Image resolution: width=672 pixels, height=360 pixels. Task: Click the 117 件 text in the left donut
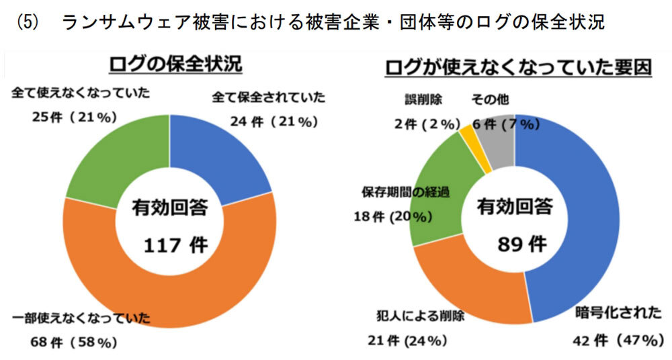coord(169,245)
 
